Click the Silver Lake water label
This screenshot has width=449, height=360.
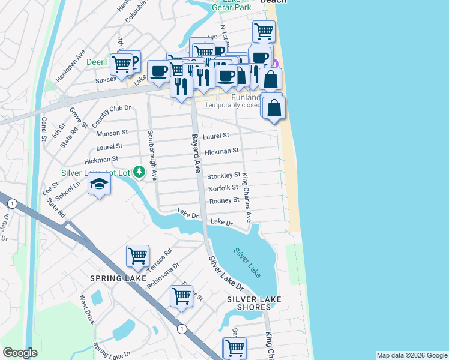(247, 262)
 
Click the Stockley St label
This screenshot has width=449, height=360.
(223, 176)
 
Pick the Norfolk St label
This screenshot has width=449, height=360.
(223, 188)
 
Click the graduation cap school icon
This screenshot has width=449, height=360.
(100, 184)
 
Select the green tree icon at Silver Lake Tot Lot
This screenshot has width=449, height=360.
(139, 173)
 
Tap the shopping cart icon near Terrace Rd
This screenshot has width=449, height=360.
(138, 256)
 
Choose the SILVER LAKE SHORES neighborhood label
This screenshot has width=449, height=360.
(249, 303)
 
